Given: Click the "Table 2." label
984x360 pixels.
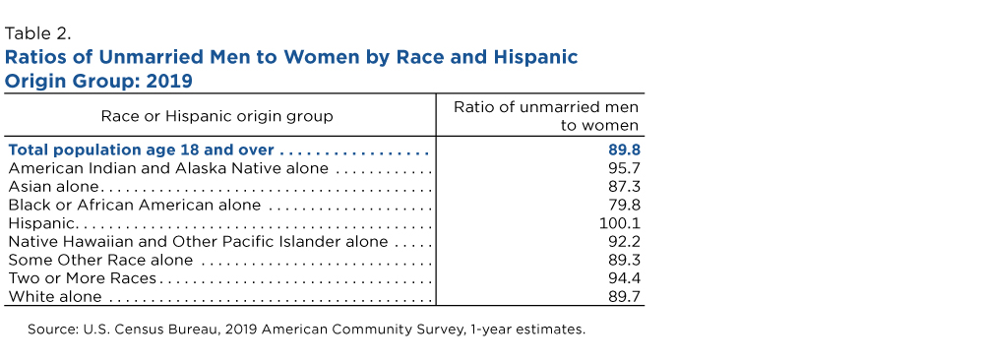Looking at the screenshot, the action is (37, 33).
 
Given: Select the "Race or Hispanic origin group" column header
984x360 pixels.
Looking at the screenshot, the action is (217, 116).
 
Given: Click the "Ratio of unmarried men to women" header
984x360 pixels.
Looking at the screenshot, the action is (546, 116).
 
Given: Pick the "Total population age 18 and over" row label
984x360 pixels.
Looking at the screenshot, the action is (141, 150).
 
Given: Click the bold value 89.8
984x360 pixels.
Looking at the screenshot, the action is (623, 150).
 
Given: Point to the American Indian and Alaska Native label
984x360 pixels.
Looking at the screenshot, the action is (168, 169).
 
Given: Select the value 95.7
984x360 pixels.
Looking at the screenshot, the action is (623, 169).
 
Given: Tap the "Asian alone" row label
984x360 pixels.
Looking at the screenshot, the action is (53, 187).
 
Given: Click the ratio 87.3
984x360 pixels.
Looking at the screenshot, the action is (623, 187).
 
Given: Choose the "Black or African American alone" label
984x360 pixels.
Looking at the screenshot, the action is (134, 206).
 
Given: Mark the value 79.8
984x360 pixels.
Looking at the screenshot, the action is (623, 206).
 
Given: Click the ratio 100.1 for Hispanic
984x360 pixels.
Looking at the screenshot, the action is (621, 223).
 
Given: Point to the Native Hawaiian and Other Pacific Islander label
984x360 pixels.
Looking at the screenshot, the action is (198, 241).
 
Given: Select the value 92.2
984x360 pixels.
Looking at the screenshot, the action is (623, 241).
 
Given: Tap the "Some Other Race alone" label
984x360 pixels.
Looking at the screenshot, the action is (100, 260).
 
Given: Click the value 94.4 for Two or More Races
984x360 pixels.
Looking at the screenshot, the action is (623, 277).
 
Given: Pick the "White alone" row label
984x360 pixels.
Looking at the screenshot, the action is (54, 296).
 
